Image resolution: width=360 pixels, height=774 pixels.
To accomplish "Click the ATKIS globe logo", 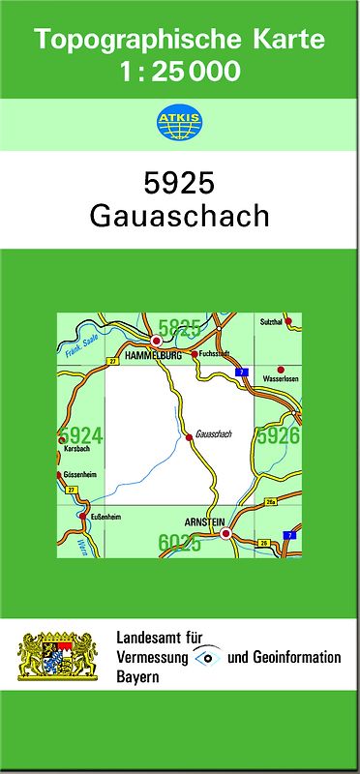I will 179,123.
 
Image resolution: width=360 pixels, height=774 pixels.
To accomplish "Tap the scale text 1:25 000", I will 180,71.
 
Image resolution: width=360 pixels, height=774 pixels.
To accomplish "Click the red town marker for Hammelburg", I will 156,342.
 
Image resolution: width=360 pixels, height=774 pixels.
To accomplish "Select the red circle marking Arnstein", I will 225,533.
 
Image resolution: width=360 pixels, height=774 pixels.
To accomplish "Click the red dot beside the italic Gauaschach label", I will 189,437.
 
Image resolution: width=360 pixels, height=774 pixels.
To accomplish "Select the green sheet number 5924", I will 81,436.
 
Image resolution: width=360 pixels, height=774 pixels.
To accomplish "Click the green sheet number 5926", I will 278,436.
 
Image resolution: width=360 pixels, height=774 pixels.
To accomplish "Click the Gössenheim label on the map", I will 79,477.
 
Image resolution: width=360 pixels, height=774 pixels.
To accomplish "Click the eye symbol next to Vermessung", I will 207,657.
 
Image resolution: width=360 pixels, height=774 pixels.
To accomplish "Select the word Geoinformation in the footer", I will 298,658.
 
